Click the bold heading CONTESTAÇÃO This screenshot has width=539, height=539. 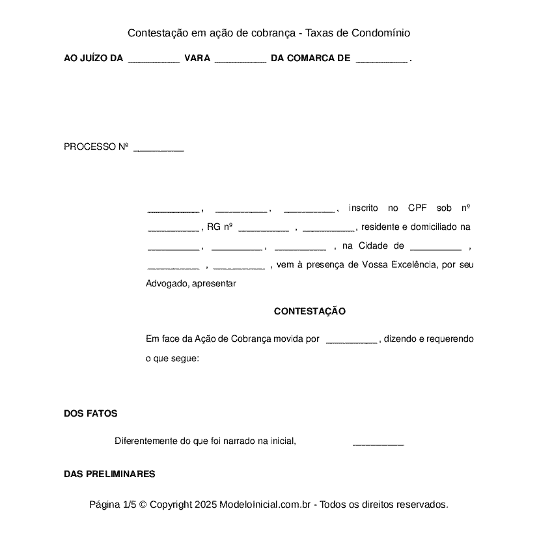(x=309, y=312)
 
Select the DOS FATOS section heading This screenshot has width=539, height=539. (x=90, y=413)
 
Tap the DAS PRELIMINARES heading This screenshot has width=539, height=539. (x=109, y=474)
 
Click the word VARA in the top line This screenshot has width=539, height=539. (x=197, y=59)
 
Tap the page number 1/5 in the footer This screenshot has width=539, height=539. (x=129, y=504)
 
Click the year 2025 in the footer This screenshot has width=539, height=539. (x=205, y=504)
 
